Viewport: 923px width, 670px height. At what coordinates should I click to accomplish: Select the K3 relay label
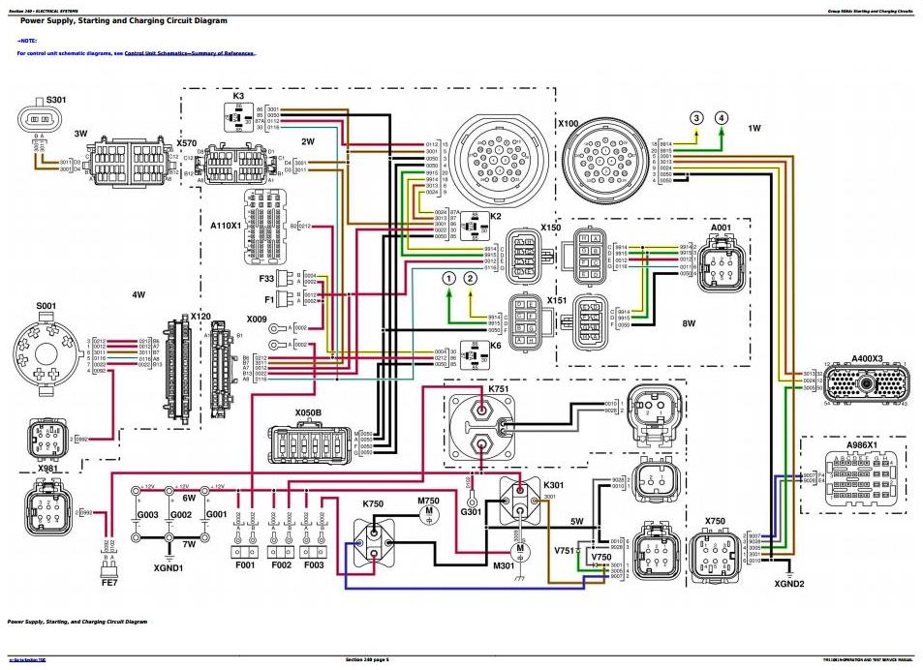click(x=239, y=95)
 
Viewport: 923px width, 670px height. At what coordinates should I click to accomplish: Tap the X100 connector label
click(x=567, y=124)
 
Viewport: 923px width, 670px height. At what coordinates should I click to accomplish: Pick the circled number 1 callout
click(x=447, y=278)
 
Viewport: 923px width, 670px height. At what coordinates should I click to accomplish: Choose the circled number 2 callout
click(x=471, y=278)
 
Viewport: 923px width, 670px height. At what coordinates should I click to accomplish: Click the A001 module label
click(x=722, y=228)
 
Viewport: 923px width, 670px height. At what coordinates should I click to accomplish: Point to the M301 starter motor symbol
click(x=520, y=549)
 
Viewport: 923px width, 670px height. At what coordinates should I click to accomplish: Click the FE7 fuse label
click(x=108, y=585)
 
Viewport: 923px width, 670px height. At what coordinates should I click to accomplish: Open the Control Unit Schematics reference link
click(x=189, y=53)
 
